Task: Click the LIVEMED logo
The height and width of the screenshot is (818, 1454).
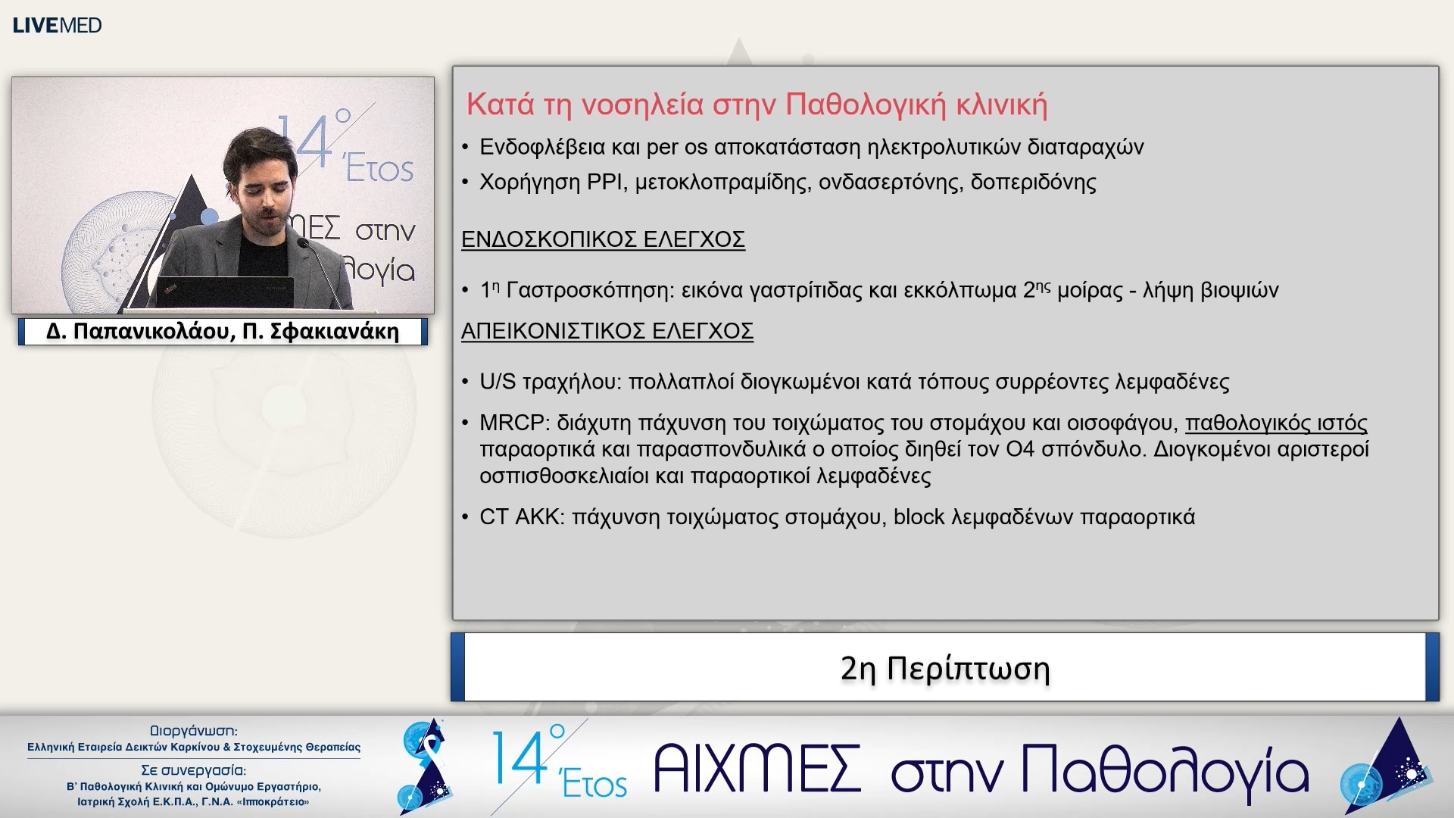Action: pyautogui.click(x=57, y=25)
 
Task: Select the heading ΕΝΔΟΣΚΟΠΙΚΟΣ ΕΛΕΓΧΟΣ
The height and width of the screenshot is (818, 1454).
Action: pyautogui.click(x=603, y=239)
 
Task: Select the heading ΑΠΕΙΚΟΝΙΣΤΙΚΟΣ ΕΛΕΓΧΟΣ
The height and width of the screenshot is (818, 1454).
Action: pyautogui.click(x=607, y=331)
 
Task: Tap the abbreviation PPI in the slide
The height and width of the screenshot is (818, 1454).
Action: pyautogui.click(x=604, y=183)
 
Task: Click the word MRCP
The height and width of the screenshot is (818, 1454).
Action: pyautogui.click(x=512, y=423)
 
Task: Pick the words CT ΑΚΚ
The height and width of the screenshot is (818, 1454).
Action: pyautogui.click(x=521, y=517)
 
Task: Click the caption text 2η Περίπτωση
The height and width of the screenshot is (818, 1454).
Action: pyautogui.click(x=945, y=669)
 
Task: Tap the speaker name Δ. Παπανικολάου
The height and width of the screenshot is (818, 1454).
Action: pyautogui.click(x=137, y=332)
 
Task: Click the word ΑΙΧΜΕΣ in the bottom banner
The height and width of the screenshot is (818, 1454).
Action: pyautogui.click(x=757, y=770)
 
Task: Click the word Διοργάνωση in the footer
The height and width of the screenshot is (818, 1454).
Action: pyautogui.click(x=193, y=731)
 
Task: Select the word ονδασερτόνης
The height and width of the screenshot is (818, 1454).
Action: pyautogui.click(x=888, y=183)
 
